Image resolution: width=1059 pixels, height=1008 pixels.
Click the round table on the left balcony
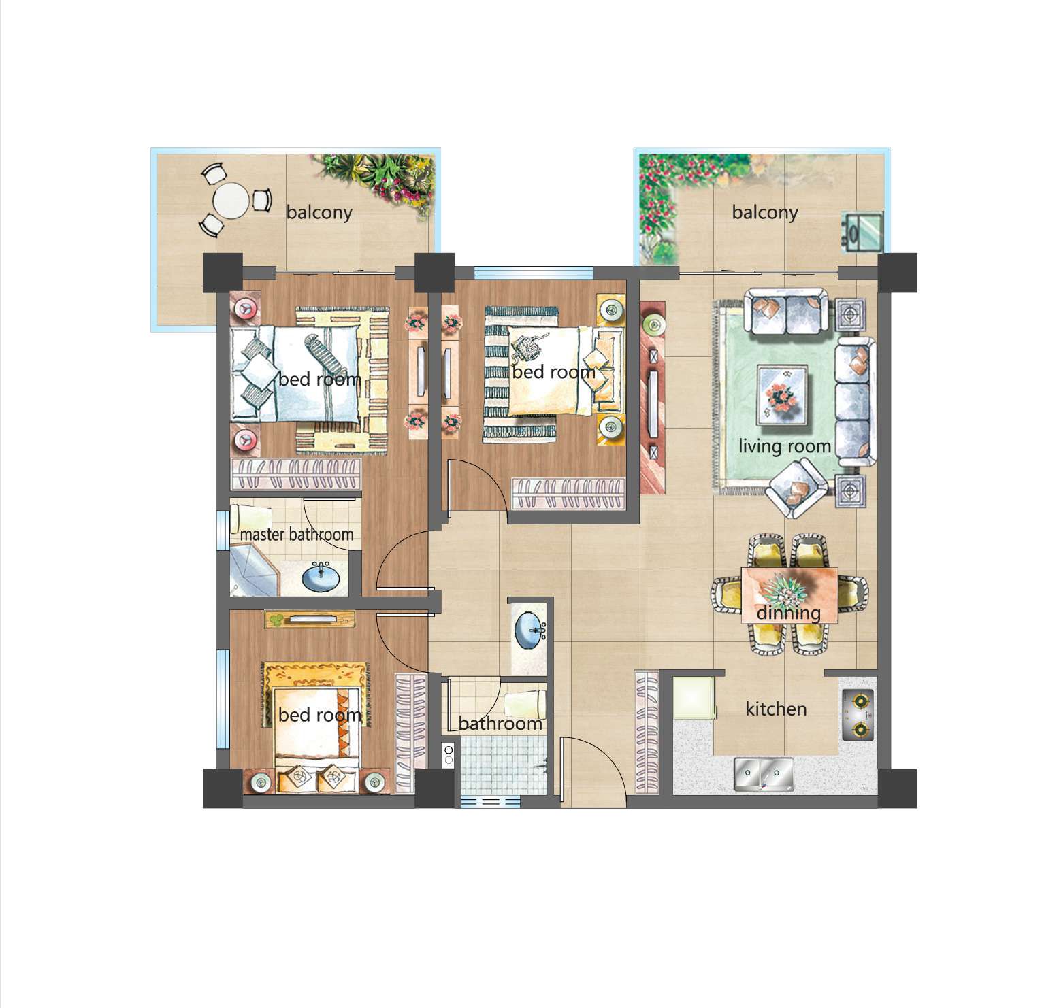click(x=231, y=201)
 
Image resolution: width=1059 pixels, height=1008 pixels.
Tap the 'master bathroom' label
click(x=297, y=535)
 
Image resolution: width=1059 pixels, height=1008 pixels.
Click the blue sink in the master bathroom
click(x=322, y=578)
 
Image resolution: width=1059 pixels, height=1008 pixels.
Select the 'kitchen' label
click(x=776, y=709)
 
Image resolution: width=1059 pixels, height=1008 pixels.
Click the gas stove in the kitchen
click(x=858, y=715)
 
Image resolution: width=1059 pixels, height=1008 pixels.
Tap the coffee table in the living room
click(x=783, y=394)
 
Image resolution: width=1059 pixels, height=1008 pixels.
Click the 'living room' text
click(x=785, y=447)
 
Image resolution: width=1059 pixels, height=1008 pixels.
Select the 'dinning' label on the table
click(x=789, y=613)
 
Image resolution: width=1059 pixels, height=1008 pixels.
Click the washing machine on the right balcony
click(x=862, y=232)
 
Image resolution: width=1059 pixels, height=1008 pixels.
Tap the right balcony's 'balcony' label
click(x=764, y=213)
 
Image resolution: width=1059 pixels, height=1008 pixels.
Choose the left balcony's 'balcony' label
click(x=319, y=213)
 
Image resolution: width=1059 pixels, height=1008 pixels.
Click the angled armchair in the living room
click(x=798, y=489)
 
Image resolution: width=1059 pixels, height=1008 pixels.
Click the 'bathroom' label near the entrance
click(x=500, y=723)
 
